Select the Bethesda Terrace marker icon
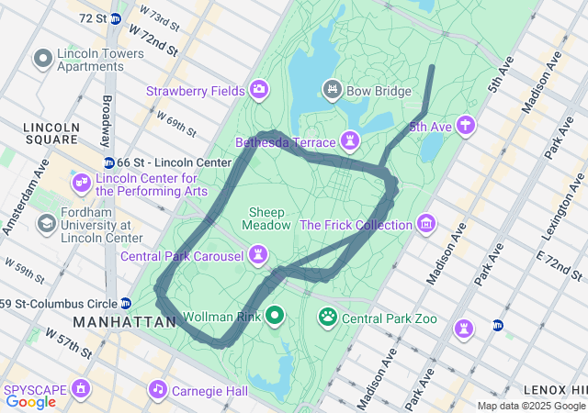coord(349,141)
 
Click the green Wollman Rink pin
coord(274,317)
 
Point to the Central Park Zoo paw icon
coord(328,318)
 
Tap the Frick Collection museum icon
coord(425,224)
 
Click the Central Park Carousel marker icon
coord(259,254)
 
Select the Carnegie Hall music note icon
coord(159,389)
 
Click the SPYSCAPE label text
coord(36,389)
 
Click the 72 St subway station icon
coord(115,18)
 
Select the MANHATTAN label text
coord(124,323)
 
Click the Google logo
coord(30,402)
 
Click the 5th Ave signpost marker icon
coord(466,126)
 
